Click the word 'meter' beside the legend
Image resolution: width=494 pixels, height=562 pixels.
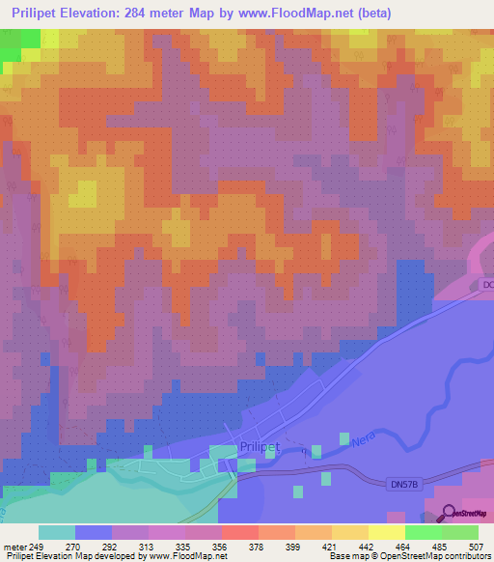tap(14, 548)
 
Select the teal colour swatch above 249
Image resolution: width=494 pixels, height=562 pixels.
tap(57, 532)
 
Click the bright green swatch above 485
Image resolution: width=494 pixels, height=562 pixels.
tap(424, 532)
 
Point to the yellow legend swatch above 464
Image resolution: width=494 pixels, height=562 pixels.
tap(387, 532)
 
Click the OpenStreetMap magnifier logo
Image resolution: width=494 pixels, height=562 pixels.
tap(450, 512)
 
